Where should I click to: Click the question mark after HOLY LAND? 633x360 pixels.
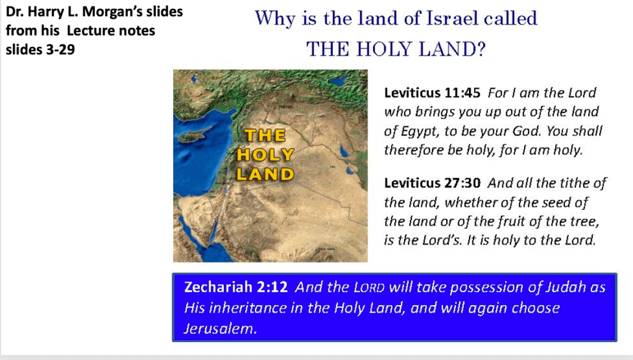(480, 49)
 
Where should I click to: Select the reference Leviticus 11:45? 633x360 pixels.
(432, 93)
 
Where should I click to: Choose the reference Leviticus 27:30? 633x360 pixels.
(432, 183)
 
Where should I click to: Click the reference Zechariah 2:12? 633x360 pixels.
(236, 287)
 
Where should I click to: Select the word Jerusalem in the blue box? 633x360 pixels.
(220, 328)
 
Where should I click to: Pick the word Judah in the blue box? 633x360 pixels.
(566, 287)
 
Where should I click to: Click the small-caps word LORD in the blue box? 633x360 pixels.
(369, 288)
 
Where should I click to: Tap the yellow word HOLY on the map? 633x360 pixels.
(265, 155)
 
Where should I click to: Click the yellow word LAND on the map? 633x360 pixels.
(265, 174)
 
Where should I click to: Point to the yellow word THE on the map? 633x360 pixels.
(265, 135)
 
